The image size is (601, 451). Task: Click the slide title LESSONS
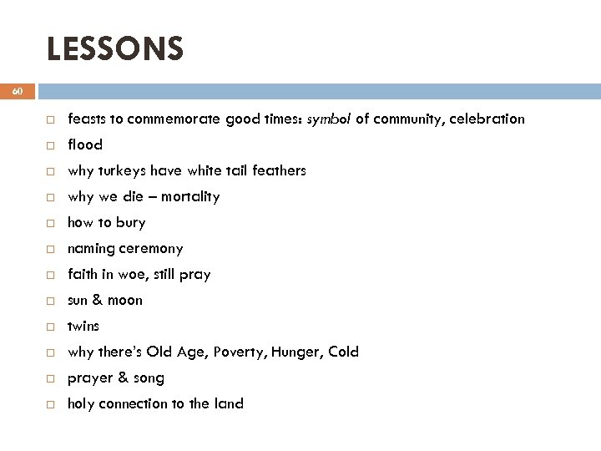click(x=114, y=48)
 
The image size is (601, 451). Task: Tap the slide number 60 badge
click(x=18, y=91)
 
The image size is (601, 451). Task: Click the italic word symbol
click(x=329, y=119)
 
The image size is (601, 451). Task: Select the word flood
click(x=85, y=144)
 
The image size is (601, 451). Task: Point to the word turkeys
click(x=122, y=170)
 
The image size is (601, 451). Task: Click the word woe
click(x=146, y=274)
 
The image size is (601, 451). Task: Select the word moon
click(x=125, y=300)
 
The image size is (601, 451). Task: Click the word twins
click(x=83, y=326)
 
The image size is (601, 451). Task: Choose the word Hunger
click(x=296, y=352)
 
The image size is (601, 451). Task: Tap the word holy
click(x=81, y=403)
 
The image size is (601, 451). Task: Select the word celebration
click(x=487, y=119)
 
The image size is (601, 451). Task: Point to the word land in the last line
click(x=230, y=403)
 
